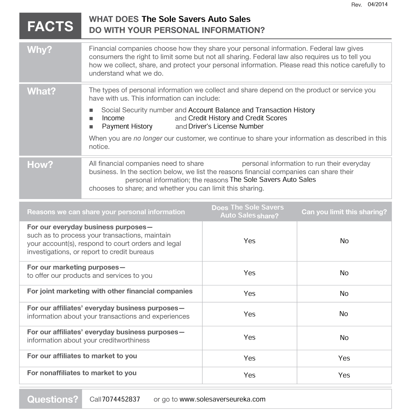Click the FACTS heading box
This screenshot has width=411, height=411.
50,26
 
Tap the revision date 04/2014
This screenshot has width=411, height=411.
377,4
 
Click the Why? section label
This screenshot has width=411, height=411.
39,50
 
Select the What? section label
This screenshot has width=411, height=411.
41,91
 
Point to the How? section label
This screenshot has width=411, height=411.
40,165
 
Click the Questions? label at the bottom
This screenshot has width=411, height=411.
52,399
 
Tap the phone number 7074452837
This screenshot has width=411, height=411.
121,399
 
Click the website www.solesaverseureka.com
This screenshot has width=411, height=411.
222,399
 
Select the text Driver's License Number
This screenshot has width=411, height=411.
226,126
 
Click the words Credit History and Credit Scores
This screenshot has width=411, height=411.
237,118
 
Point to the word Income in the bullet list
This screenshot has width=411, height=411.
113,118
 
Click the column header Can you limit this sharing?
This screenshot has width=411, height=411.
344,212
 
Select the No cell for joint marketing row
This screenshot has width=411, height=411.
344,293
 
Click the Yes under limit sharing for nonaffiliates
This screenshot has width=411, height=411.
344,375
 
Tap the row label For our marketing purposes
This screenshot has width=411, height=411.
73,267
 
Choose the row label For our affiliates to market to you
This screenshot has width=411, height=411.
82,356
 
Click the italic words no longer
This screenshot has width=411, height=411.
148,138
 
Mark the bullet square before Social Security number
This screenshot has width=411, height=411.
91,110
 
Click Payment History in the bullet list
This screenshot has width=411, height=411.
127,127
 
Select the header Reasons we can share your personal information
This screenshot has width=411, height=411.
106,212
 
